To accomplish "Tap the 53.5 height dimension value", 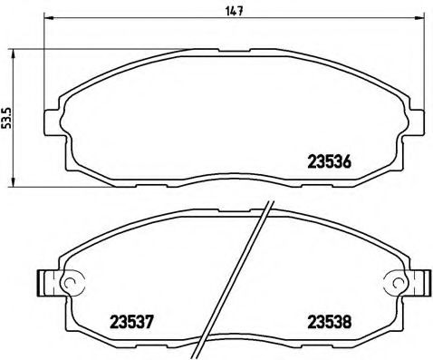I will point(8,117).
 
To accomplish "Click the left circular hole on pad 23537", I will point(64,283).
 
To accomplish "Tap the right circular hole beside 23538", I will point(392,283).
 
